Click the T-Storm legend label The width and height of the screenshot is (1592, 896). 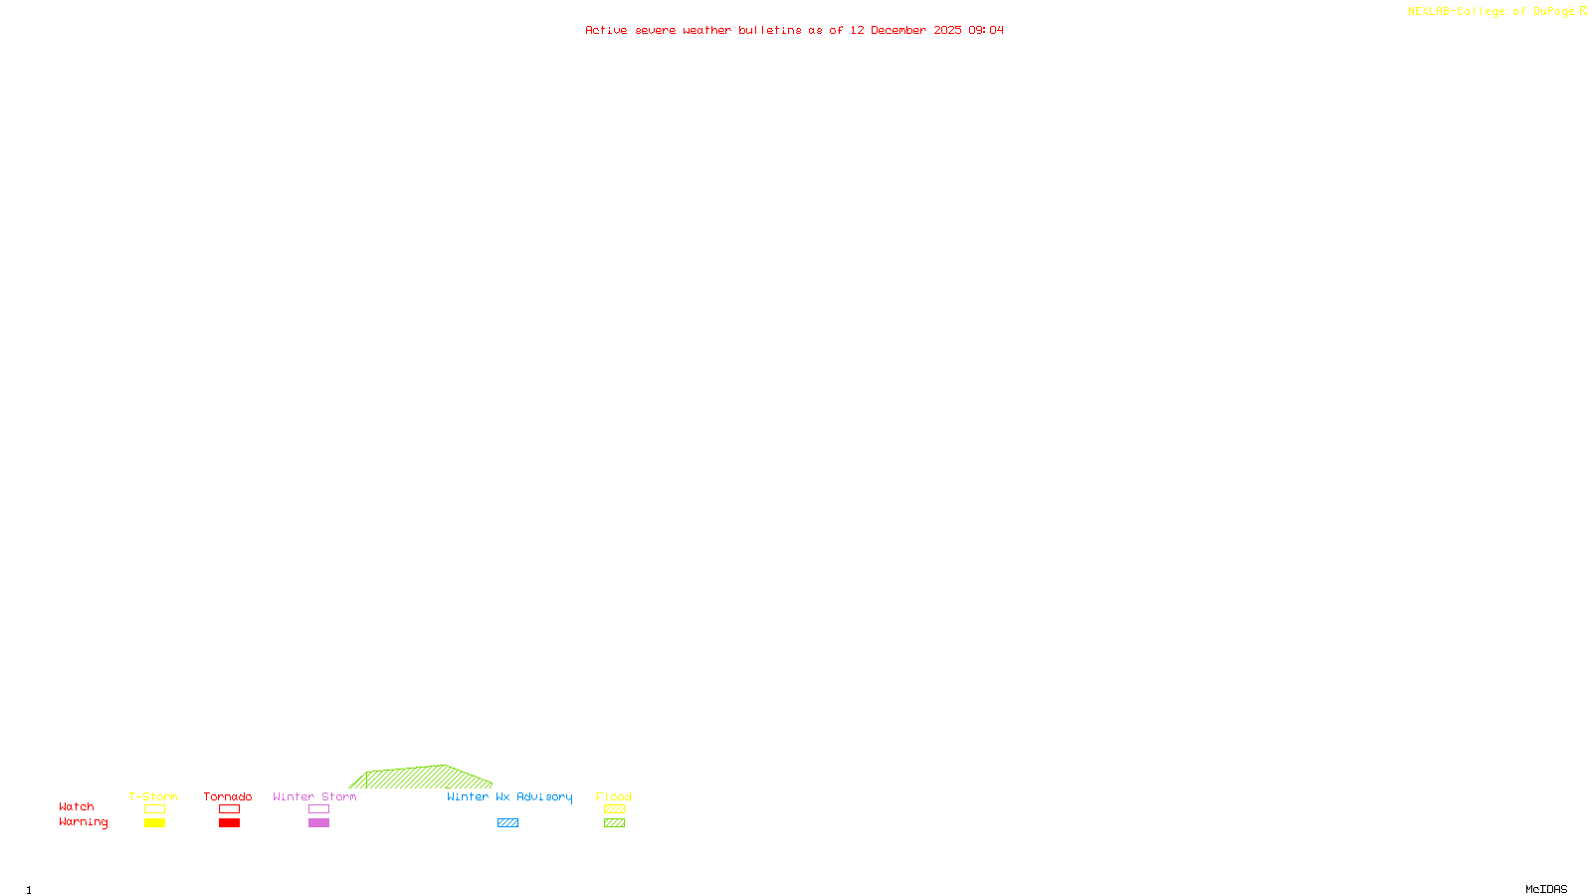tap(153, 796)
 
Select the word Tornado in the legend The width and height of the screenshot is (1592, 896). tap(228, 796)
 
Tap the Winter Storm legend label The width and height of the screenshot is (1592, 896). tap(314, 796)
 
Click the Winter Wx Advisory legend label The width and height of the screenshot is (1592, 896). tap(509, 796)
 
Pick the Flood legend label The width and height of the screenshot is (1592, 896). tap(614, 796)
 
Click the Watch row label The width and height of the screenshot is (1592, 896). tap(77, 807)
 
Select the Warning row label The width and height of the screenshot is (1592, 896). tap(84, 822)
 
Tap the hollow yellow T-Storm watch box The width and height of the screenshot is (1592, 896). tap(154, 809)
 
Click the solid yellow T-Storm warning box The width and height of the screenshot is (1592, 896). tap(154, 823)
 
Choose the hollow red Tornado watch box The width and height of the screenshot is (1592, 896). tap(229, 809)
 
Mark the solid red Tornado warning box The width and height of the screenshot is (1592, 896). tap(229, 823)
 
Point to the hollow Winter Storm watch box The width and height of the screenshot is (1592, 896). tap(318, 809)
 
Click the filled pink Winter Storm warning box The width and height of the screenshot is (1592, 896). tap(318, 823)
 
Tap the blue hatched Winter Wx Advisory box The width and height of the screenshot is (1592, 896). tap(507, 823)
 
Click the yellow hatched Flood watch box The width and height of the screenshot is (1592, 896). tap(614, 809)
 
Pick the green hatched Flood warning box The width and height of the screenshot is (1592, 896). tap(614, 823)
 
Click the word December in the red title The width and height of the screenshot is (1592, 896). tap(898, 31)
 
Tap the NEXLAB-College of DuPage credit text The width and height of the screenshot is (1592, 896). tap(1492, 12)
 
